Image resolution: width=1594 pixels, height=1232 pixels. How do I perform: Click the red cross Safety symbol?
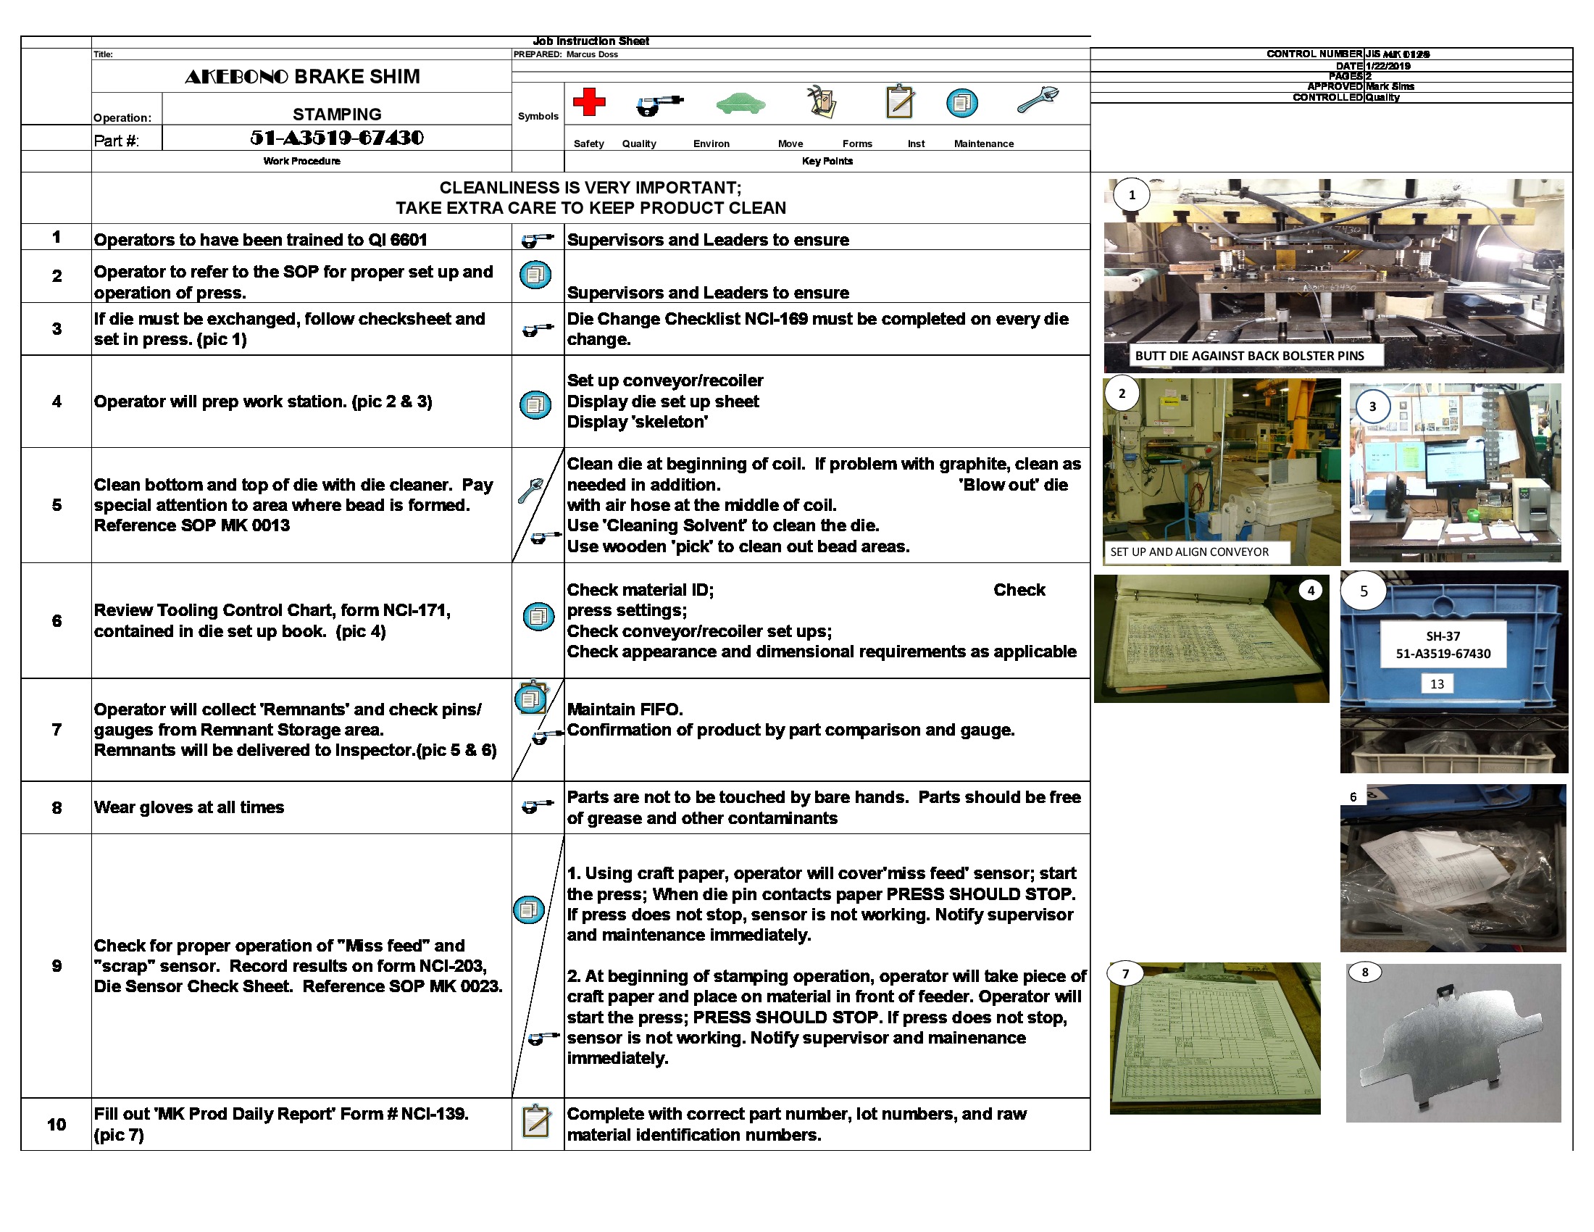[589, 102]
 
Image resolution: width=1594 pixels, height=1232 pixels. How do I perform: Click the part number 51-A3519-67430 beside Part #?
[336, 138]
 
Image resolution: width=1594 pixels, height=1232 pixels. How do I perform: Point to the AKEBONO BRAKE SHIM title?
[302, 77]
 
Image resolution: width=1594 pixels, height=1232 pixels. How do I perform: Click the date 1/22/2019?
[1388, 66]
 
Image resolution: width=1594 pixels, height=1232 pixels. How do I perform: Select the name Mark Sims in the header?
[1390, 86]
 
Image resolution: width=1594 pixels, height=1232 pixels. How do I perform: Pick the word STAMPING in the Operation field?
[336, 115]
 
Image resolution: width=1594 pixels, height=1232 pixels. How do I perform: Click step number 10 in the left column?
[57, 1124]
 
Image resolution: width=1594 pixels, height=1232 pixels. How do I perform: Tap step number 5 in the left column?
[57, 505]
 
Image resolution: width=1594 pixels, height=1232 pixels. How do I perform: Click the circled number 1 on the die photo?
[1131, 195]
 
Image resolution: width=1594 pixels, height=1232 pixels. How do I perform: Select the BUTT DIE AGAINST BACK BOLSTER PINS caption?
[1249, 356]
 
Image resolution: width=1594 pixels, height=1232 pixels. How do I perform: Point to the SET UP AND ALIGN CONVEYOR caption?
[1189, 552]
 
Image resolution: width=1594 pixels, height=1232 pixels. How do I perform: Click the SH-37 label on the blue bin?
[1442, 636]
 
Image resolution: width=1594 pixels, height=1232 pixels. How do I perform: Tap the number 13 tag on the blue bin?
[1436, 684]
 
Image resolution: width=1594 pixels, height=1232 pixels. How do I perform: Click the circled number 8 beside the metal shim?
[1364, 972]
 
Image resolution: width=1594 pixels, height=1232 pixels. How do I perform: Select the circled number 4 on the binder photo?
[1310, 591]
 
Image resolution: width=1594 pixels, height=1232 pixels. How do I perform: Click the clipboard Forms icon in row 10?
[536, 1121]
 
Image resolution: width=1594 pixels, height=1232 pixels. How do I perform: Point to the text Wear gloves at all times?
[188, 807]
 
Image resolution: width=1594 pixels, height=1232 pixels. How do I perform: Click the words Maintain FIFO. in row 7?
[625, 709]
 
